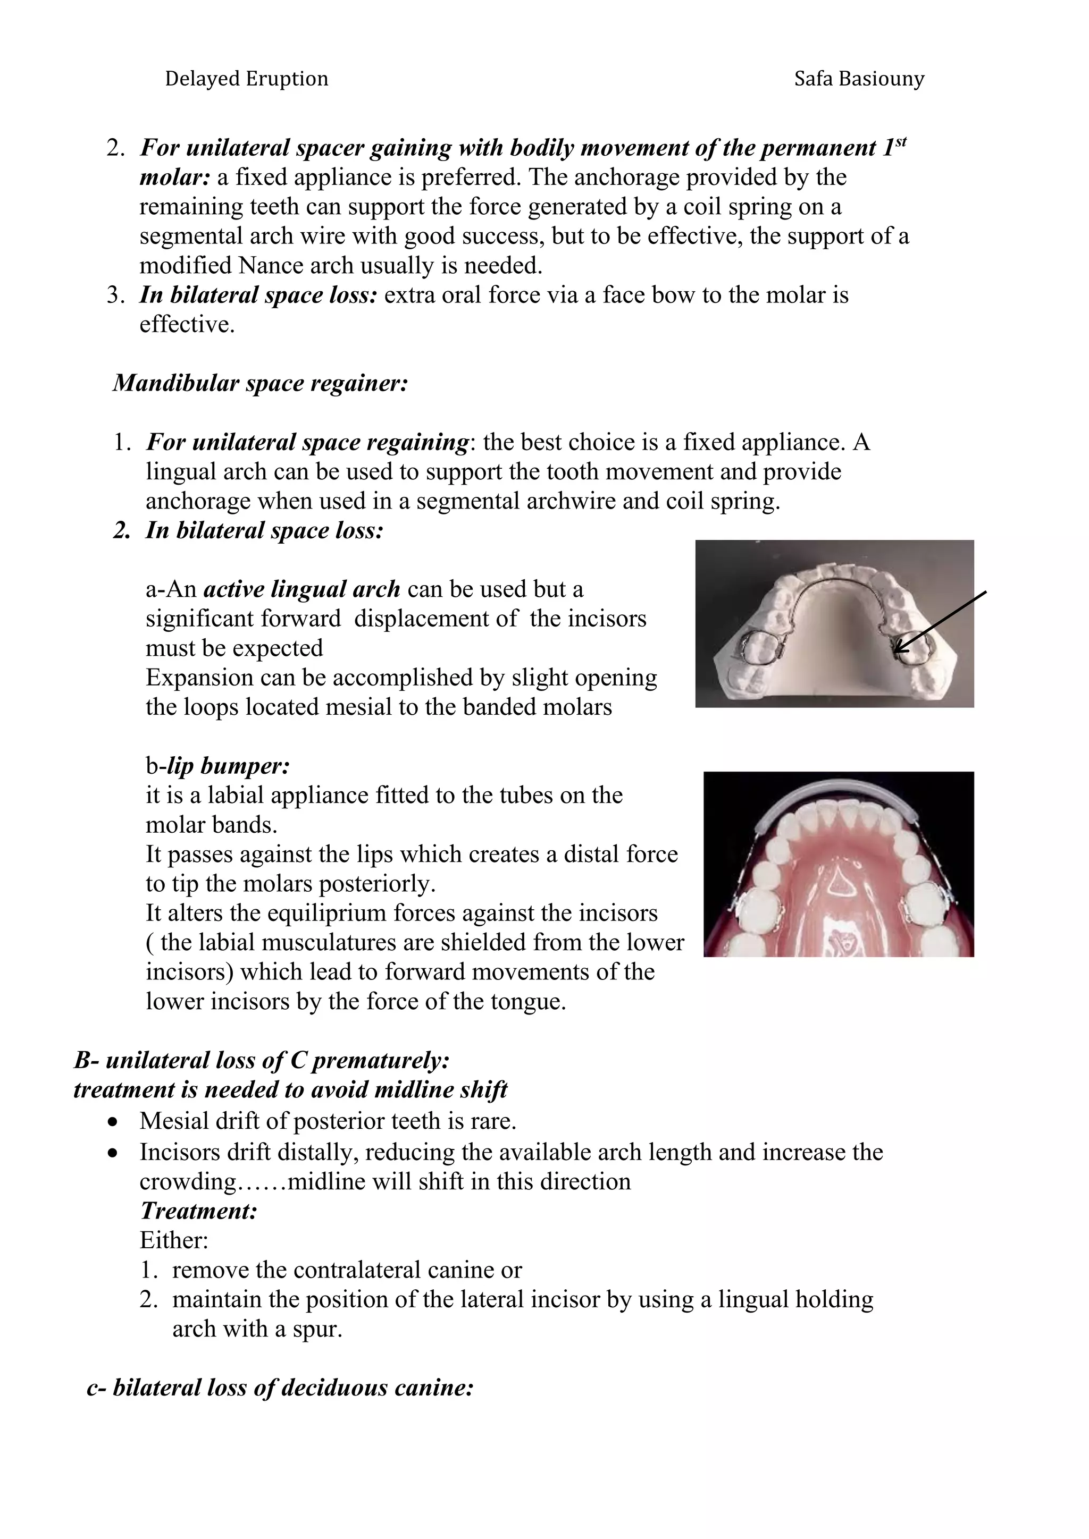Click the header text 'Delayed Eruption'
(246, 79)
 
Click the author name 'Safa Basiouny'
(859, 79)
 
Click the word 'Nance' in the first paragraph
(269, 266)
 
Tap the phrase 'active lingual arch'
(301, 589)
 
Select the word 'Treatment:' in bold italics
(198, 1211)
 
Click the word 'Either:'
(174, 1240)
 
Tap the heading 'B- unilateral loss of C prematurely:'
(262, 1060)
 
